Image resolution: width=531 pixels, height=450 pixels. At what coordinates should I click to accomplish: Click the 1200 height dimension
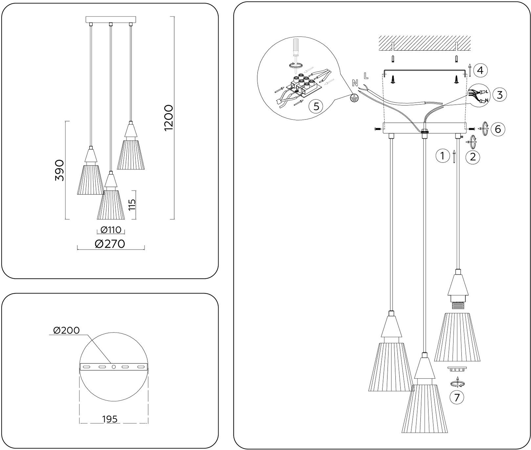point(169,118)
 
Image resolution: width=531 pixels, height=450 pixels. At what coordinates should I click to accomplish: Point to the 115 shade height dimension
point(133,205)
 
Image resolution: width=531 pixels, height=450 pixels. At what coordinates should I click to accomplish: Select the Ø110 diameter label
point(111,230)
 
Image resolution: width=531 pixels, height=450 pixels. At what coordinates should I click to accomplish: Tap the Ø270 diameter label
point(110,244)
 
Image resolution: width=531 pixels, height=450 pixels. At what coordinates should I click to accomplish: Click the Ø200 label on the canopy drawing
point(66,330)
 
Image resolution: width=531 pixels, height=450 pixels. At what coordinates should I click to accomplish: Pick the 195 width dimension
point(110,419)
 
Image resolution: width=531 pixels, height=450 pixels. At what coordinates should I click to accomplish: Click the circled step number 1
point(442,156)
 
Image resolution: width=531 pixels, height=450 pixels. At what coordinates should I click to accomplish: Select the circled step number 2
point(473,157)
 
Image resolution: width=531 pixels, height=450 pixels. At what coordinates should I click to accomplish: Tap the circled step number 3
point(499,95)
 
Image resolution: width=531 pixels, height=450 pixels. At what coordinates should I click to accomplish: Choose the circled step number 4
point(480,70)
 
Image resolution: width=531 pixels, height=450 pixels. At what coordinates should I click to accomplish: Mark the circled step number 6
point(498,129)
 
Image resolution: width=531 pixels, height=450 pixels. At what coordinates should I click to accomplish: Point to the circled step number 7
point(457,397)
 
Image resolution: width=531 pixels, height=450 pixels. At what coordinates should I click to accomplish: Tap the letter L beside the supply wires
point(366,75)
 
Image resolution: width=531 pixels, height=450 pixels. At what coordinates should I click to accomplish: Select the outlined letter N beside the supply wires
point(355,83)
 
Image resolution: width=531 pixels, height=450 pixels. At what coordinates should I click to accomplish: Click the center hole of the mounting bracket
point(114,366)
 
